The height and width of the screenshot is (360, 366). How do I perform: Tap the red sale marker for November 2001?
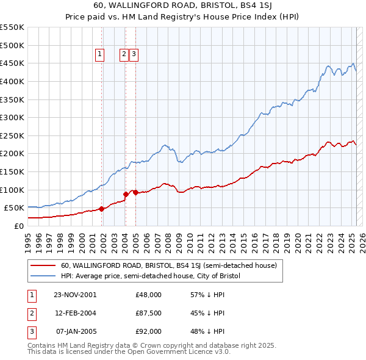coord(101,209)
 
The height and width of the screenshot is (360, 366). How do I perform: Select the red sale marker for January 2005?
coord(135,193)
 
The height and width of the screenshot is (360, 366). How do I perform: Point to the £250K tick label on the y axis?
coord(12,135)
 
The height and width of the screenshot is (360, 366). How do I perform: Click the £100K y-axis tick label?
coord(12,190)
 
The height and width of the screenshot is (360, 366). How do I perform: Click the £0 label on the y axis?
coord(18,226)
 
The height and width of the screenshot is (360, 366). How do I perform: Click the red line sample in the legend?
coord(43,266)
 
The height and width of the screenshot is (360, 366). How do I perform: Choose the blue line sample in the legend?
coord(43,276)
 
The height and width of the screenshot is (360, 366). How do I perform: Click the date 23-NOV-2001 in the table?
coord(75,294)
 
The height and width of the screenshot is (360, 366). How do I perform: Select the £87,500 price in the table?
coord(148,313)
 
